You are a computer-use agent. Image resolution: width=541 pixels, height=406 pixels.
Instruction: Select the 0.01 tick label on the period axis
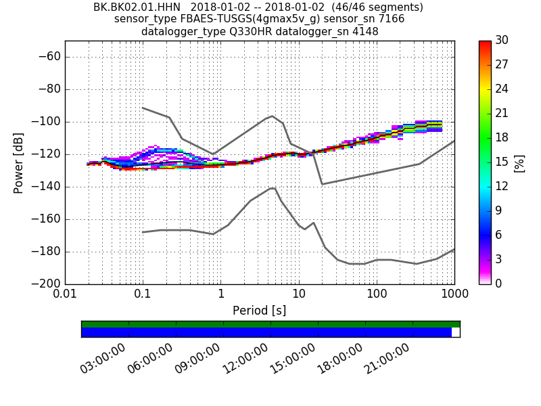[65, 295]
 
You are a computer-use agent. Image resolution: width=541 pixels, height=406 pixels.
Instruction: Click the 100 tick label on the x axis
[377, 295]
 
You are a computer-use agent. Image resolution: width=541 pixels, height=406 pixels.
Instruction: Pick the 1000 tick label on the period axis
[454, 295]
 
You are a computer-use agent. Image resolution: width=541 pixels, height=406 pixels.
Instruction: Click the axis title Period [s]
[259, 311]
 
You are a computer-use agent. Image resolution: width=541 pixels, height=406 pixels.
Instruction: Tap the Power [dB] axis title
[18, 162]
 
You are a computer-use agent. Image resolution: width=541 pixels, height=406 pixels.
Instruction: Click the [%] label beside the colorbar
[519, 163]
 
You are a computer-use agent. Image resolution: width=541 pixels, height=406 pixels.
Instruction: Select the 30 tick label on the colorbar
[502, 41]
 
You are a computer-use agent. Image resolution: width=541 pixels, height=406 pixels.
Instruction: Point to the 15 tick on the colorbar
[502, 162]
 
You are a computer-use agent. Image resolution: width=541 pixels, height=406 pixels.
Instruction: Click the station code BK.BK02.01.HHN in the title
[137, 7]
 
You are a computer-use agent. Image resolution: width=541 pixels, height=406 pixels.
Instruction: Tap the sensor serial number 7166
[392, 19]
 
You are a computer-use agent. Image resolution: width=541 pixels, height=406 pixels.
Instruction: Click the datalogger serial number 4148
[364, 31]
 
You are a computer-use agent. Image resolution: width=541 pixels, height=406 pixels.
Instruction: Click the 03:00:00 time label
[103, 358]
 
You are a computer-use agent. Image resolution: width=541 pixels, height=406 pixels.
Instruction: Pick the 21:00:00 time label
[387, 358]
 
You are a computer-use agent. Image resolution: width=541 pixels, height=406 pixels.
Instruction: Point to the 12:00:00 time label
[245, 358]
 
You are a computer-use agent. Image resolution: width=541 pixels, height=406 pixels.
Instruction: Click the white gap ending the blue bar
[455, 332]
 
